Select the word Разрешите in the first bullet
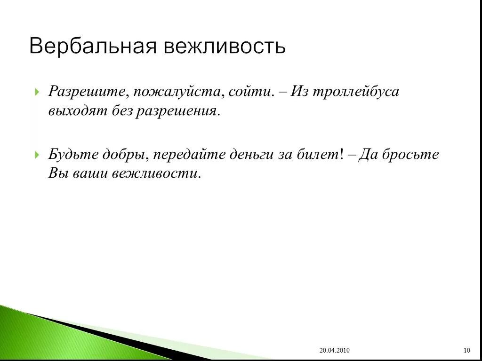point(87,92)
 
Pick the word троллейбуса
point(361,92)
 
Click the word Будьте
point(73,154)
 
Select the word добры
point(124,154)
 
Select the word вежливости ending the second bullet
point(156,173)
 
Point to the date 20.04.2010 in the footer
point(334,350)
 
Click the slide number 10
point(466,350)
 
